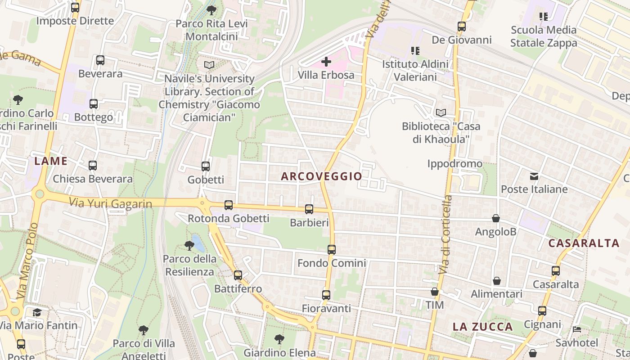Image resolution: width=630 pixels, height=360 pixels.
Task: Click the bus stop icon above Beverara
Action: pyautogui.click(x=100, y=60)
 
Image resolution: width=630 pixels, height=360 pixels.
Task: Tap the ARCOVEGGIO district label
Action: pyautogui.click(x=321, y=176)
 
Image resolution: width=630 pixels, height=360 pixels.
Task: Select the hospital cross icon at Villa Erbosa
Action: pyautogui.click(x=326, y=62)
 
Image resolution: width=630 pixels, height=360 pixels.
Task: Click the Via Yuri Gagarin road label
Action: pyautogui.click(x=111, y=203)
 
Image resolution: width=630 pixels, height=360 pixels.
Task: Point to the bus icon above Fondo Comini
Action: pyautogui.click(x=332, y=249)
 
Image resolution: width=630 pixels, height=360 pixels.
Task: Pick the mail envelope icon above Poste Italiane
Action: pyautogui.click(x=534, y=176)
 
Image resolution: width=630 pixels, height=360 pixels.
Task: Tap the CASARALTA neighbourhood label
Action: pyautogui.click(x=584, y=243)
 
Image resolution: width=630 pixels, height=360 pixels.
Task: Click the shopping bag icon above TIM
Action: pyautogui.click(x=435, y=292)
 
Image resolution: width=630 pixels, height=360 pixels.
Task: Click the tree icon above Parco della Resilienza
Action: pyautogui.click(x=189, y=246)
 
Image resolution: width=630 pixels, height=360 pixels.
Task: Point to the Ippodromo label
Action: pyautogui.click(x=454, y=163)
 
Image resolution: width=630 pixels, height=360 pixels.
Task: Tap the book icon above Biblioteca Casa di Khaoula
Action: pyautogui.click(x=441, y=112)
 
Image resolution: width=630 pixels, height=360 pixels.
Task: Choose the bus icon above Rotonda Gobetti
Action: pyautogui.click(x=229, y=205)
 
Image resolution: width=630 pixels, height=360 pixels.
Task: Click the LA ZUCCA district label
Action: pyautogui.click(x=482, y=327)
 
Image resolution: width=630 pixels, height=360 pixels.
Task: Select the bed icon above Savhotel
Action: pyautogui.click(x=577, y=329)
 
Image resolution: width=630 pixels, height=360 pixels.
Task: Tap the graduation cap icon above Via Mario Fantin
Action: pyautogui.click(x=37, y=312)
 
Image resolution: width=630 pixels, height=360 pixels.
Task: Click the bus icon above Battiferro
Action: pyautogui.click(x=238, y=275)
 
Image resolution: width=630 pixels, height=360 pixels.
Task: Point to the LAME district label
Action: pyautogui.click(x=51, y=161)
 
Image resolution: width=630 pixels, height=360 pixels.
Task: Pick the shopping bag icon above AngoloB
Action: pyautogui.click(x=495, y=219)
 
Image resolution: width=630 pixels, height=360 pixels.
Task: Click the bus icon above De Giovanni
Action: pyautogui.click(x=462, y=27)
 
